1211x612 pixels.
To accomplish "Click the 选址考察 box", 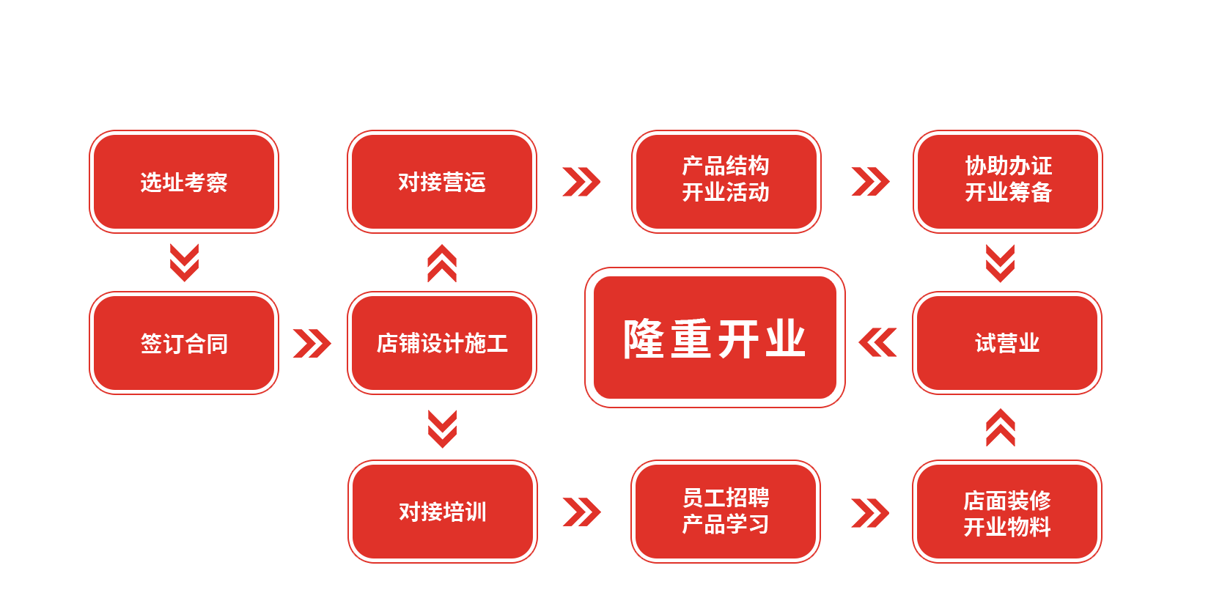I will (x=184, y=182).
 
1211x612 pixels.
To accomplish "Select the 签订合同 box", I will (x=184, y=343).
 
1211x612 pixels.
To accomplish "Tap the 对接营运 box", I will (x=442, y=182).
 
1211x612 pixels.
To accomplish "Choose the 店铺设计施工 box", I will (x=442, y=343).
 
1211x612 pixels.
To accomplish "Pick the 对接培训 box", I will (x=443, y=512).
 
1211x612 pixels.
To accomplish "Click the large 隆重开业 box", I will (x=715, y=337).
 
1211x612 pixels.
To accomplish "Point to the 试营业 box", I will (x=1007, y=343).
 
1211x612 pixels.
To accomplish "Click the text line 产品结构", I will (x=726, y=166).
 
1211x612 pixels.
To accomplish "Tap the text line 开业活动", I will (x=726, y=193).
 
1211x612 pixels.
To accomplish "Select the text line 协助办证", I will (x=1009, y=166).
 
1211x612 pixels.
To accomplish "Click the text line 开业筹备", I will (x=1009, y=193).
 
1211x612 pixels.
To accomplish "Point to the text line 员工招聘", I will (x=726, y=498).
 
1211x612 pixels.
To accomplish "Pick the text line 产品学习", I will (x=726, y=525).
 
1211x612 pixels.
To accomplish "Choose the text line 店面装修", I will (x=1007, y=501).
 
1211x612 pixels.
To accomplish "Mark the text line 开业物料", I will (x=1007, y=527).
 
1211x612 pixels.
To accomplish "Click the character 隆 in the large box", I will (x=644, y=339).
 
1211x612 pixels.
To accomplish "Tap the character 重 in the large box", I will (x=691, y=339).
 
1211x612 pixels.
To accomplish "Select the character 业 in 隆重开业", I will (x=785, y=339).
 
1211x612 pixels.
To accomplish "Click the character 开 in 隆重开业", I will (x=738, y=339).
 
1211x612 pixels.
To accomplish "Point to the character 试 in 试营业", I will (x=985, y=343).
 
